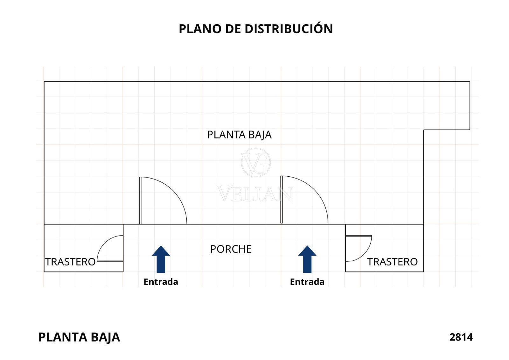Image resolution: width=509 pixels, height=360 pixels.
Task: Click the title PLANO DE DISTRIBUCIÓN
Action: [255, 29]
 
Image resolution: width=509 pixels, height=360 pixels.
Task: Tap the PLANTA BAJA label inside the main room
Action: [239, 135]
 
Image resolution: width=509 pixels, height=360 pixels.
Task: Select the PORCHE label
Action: [231, 249]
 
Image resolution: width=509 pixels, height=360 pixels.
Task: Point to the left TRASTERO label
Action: [70, 262]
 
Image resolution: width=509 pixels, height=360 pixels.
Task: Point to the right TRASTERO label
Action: [392, 262]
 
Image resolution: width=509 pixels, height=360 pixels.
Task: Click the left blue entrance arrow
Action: [161, 259]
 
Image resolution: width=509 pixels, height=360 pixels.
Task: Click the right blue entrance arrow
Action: [307, 259]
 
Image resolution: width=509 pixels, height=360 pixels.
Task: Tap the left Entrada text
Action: [161, 282]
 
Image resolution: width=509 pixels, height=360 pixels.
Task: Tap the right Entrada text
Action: [307, 282]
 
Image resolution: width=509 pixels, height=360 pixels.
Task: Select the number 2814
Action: [461, 337]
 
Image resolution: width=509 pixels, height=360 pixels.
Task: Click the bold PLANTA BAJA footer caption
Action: [79, 337]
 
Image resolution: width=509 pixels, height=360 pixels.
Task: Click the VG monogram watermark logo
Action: [255, 162]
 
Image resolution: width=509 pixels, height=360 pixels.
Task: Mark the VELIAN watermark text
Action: [254, 193]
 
